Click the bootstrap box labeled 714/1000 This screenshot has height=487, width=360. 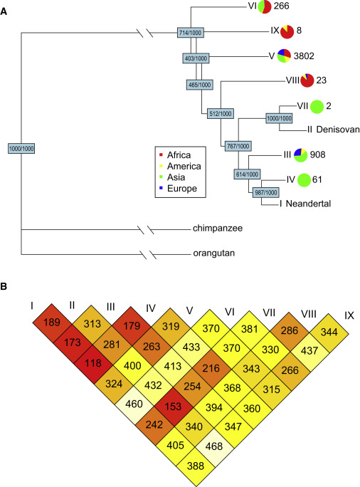pos(191,33)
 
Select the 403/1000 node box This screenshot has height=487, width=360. pos(196,58)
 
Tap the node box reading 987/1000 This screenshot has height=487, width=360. pos(265,192)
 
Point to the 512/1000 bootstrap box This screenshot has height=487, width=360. pos(221,114)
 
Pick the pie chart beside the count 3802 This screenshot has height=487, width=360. pos(284,56)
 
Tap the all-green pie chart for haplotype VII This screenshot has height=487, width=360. pos(317,107)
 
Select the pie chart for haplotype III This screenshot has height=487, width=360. pos(300,155)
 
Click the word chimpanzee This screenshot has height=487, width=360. pos(218,229)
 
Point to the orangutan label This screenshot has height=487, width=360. pos(214,253)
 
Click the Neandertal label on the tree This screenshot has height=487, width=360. pos(308,204)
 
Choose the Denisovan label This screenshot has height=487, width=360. pos(338,129)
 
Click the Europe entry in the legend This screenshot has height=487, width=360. pos(182,189)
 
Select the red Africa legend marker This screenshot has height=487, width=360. pos(161,155)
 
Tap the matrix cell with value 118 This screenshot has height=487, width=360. pos(92,363)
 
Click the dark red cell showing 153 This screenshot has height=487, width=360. pos(173,407)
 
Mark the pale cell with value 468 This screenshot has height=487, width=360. pos(214,446)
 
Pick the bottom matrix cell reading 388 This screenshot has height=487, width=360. pos(196,466)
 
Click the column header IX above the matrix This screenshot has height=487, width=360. pos(349,315)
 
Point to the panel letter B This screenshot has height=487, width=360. pos(4,286)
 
